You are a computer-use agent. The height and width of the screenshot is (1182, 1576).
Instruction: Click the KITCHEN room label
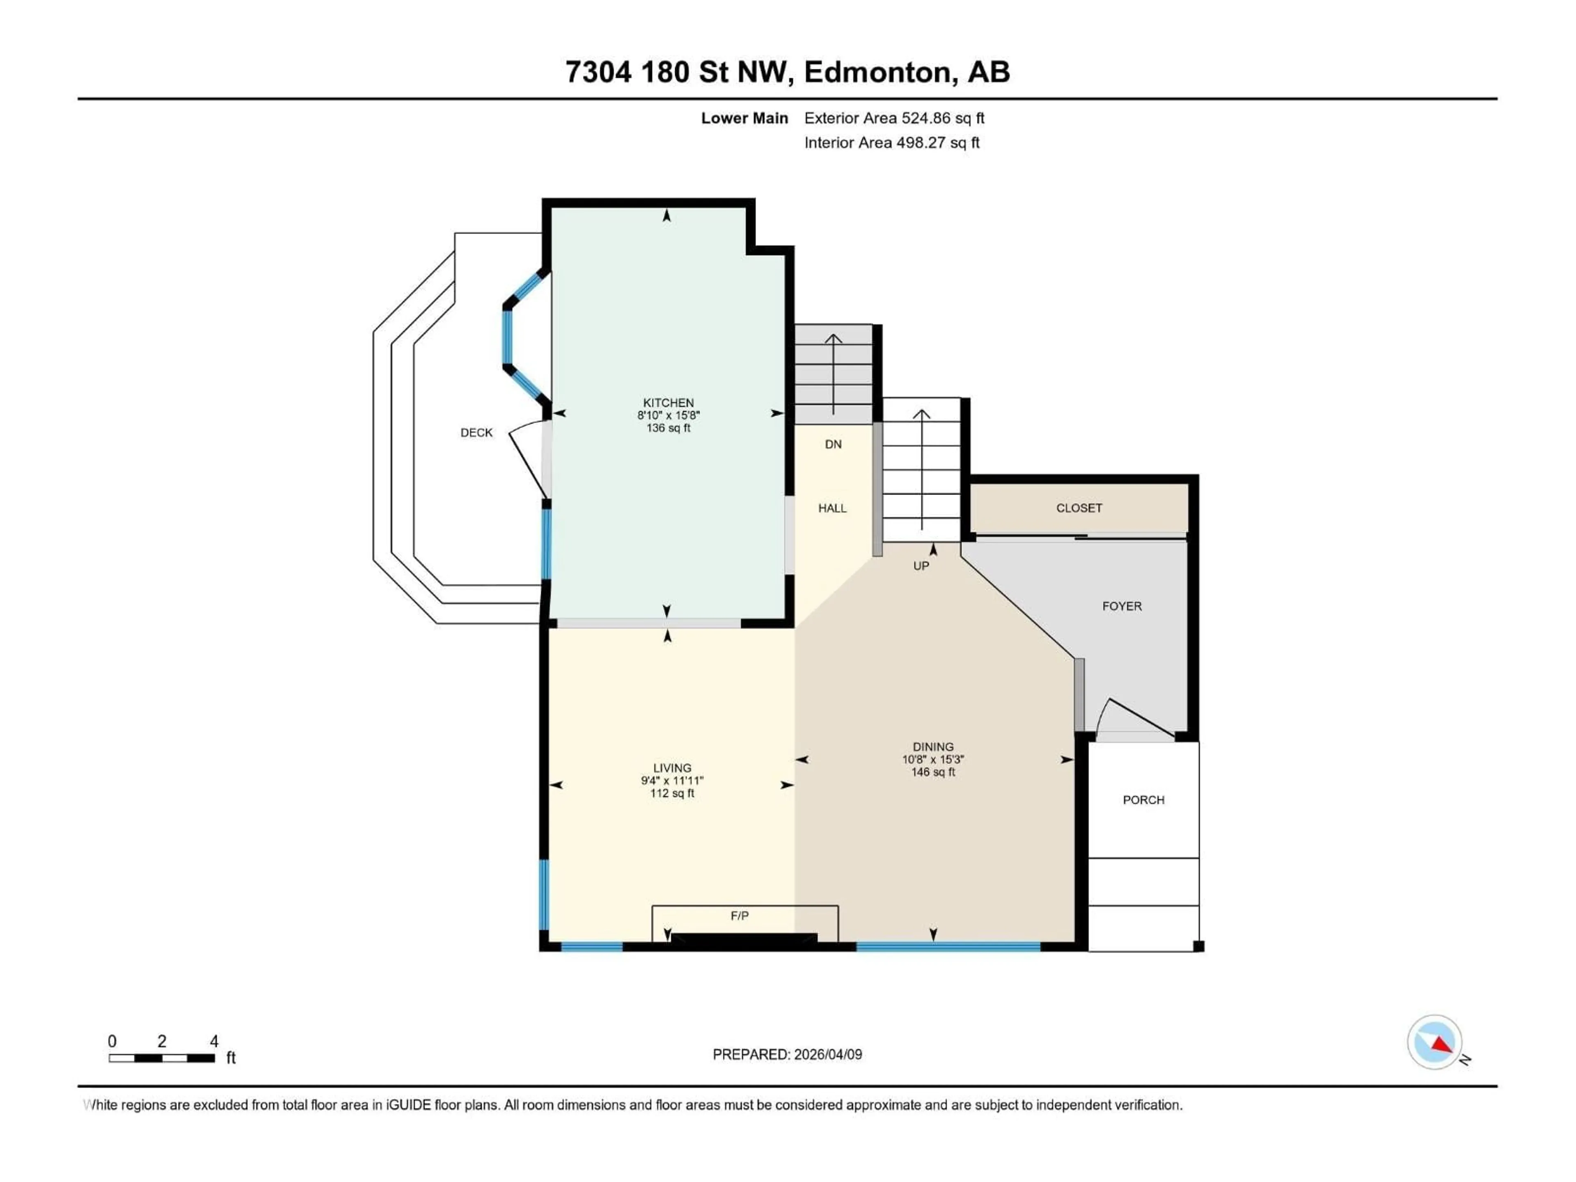668,403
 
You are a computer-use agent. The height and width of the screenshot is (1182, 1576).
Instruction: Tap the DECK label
476,433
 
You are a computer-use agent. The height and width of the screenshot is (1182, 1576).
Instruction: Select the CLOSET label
1079,508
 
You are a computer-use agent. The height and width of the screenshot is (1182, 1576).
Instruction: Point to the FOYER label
1121,606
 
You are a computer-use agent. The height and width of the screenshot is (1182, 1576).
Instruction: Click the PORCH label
1143,800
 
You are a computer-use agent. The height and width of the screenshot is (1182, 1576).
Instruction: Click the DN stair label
833,444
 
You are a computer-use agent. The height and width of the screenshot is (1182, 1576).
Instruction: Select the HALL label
832,508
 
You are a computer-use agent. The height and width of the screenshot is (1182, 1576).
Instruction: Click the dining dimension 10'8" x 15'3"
932,760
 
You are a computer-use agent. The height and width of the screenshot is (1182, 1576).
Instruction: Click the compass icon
1434,1042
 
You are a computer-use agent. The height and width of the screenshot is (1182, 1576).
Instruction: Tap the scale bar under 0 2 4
162,1058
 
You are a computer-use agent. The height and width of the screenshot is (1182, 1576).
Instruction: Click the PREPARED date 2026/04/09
827,1054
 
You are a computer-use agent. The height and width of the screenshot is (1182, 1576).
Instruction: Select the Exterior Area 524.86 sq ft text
894,118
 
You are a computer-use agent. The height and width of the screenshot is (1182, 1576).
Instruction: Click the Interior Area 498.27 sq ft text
891,142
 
